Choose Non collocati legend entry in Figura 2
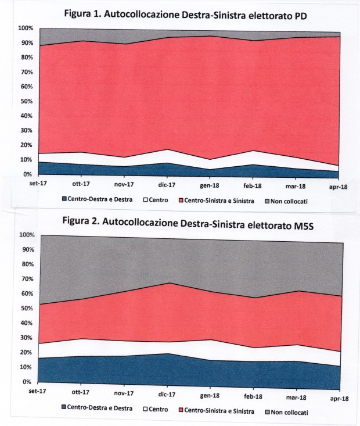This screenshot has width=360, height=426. pos(286,412)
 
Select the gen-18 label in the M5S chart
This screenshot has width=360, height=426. pos(210,396)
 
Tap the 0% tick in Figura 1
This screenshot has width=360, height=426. pos(27,174)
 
